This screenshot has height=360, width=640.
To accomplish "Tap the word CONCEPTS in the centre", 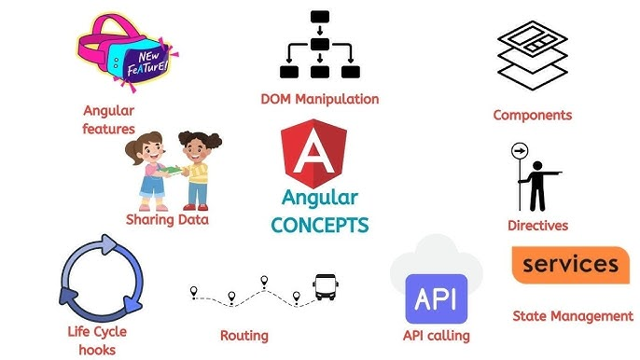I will pos(320,225).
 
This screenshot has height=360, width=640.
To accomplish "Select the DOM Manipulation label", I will pos(320,98).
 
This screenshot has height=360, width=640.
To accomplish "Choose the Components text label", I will pos(533,116).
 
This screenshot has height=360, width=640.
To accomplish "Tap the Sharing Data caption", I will pos(167,220).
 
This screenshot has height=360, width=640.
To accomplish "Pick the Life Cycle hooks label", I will pos(97,340).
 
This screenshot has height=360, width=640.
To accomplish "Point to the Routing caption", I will pos(243,336).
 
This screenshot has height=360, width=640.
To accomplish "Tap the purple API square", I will pos(436,298).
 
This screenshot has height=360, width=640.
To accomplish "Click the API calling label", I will pos(436,336).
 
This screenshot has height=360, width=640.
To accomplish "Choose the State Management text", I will pos(573,316).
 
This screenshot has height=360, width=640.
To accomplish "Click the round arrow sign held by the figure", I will pos(519,153).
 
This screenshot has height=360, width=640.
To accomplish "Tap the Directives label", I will pos(537,226).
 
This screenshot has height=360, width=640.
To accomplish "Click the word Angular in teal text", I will pos(321,199).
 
